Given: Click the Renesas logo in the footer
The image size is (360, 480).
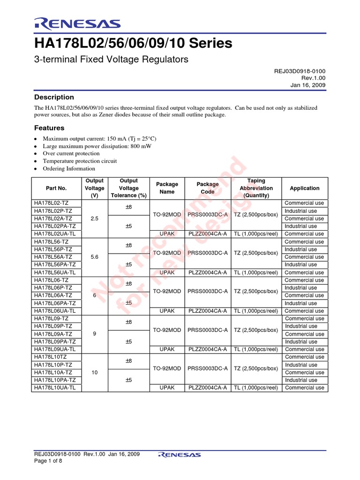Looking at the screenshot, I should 180,454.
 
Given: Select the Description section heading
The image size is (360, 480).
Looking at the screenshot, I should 54,97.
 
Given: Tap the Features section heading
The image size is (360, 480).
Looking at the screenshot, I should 50,128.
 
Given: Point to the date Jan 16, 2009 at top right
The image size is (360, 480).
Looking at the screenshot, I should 308,85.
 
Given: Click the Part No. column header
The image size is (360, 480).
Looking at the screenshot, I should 56,188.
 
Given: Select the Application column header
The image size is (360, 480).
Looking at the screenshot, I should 304,188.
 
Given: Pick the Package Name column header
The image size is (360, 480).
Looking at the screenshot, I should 167,188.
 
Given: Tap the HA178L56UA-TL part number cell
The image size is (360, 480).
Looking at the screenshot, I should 55,272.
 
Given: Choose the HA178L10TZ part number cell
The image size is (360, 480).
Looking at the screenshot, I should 52,357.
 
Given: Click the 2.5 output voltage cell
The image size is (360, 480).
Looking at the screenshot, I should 94,218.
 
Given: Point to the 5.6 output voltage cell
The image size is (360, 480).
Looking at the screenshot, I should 94,257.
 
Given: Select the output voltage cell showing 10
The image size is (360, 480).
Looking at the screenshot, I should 94,373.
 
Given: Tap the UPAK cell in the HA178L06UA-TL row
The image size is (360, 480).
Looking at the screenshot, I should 167,311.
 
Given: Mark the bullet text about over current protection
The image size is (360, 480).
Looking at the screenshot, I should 71,153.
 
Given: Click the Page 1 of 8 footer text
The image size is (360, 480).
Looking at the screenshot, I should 48,461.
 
